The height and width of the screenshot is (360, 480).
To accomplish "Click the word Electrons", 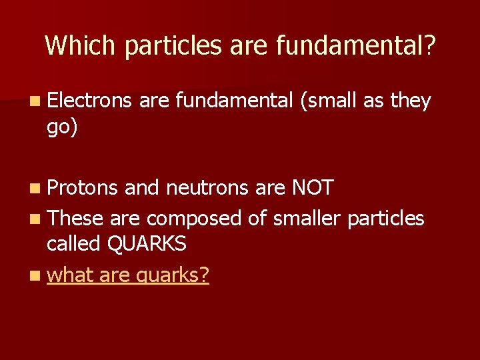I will pos(90,101).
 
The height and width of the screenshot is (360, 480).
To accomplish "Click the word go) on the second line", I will pos(62,127).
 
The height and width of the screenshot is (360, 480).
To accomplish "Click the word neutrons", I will pos(207,189).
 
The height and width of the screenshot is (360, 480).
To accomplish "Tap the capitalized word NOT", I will pos(313,189).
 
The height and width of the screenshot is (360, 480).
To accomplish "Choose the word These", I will pos(75,217).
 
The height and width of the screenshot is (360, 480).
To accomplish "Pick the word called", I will pos(74,244).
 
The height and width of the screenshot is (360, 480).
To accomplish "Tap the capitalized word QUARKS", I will pos(147,244).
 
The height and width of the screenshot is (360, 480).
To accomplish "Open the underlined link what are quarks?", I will pos(128,274).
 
